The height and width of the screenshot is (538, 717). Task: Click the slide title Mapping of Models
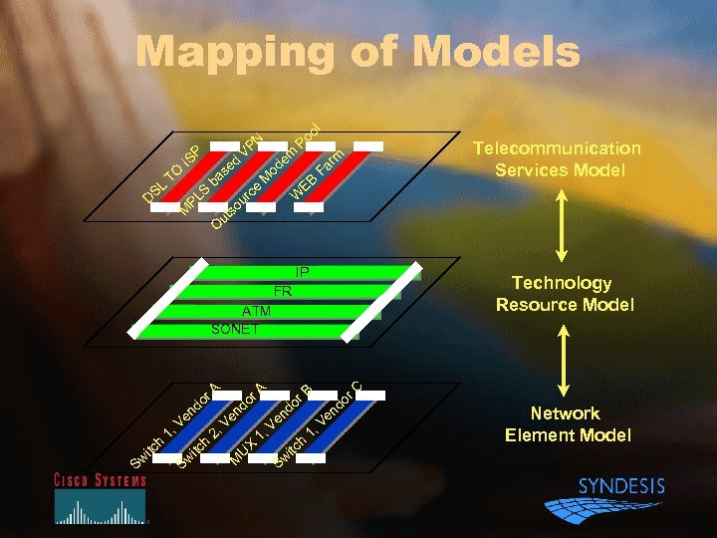358,52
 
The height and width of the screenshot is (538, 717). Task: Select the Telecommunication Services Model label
557,159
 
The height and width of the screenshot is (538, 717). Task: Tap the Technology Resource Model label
564,294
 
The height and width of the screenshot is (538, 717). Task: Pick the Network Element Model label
567,423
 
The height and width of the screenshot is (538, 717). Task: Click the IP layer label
302,272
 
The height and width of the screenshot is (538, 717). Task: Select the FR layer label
282,292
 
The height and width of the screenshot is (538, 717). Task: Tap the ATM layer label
256,311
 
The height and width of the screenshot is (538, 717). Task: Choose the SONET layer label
235,329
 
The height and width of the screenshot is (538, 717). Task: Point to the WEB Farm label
318,170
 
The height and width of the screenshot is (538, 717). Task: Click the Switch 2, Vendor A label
220,423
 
